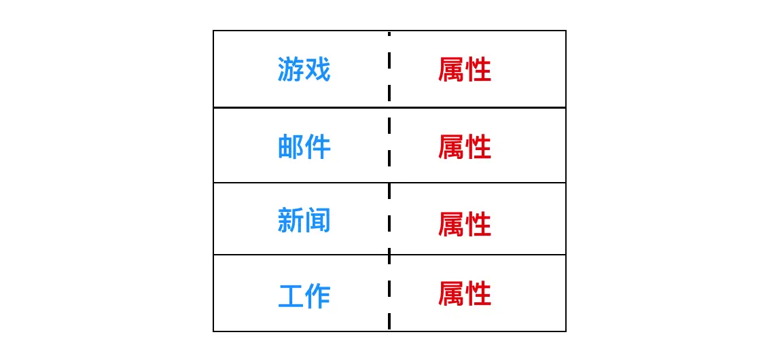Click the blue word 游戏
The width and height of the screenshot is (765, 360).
[304, 69]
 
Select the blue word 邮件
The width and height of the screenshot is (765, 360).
[304, 147]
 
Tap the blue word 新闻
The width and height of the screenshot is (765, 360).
[304, 221]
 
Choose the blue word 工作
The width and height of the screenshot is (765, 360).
[304, 296]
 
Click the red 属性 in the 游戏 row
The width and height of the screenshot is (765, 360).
[465, 69]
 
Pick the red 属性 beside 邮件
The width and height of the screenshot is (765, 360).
[465, 147]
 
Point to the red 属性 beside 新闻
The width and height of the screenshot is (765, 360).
[465, 223]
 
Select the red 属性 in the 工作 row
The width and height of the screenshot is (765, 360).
[465, 294]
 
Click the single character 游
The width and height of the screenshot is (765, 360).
[290, 69]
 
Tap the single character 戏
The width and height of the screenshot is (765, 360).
[317, 69]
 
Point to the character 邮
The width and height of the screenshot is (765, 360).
[290, 147]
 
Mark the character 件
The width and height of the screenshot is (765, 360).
[317, 147]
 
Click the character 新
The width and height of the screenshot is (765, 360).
[290, 221]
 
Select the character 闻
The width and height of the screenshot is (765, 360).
[317, 221]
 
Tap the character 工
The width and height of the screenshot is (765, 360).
[290, 296]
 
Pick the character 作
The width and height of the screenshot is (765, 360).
[317, 296]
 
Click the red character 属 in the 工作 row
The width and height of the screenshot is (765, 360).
[451, 294]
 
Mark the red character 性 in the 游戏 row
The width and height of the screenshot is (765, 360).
[478, 69]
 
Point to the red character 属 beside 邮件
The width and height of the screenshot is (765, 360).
[451, 147]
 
